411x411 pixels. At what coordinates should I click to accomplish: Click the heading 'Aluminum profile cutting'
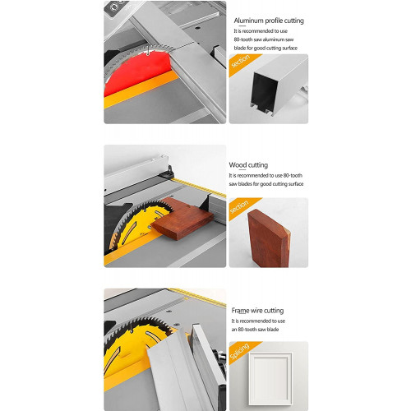click(x=269, y=21)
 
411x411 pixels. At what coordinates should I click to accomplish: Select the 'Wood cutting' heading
click(x=248, y=165)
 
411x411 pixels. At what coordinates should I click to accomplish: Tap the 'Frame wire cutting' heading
click(x=257, y=311)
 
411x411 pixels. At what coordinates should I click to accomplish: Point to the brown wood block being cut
click(x=182, y=219)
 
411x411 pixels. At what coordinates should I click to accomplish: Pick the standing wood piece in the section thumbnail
click(x=269, y=238)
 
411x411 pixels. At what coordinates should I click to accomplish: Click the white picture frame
click(x=270, y=379)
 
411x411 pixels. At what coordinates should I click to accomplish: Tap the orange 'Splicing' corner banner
click(x=241, y=351)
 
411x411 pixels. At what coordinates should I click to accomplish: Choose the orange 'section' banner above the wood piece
click(x=241, y=207)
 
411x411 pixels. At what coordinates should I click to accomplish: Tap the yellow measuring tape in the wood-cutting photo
click(x=200, y=187)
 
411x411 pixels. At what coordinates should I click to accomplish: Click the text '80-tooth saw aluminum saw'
click(x=264, y=39)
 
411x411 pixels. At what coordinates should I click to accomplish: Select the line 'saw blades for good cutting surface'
click(x=266, y=184)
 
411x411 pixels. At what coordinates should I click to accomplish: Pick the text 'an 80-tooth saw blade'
click(x=255, y=330)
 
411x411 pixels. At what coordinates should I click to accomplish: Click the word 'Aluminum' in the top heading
click(x=248, y=21)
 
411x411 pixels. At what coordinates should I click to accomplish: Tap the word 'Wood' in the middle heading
click(x=238, y=165)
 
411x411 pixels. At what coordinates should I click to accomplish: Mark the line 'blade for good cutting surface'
click(x=266, y=48)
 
